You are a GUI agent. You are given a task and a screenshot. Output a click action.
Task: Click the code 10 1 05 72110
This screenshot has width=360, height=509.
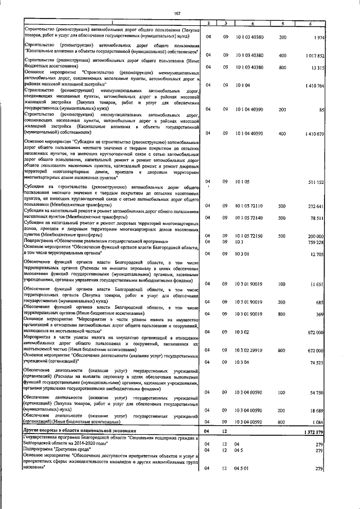[x=253, y=206]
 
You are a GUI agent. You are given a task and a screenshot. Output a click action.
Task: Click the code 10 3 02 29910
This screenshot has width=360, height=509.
[x=253, y=350]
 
